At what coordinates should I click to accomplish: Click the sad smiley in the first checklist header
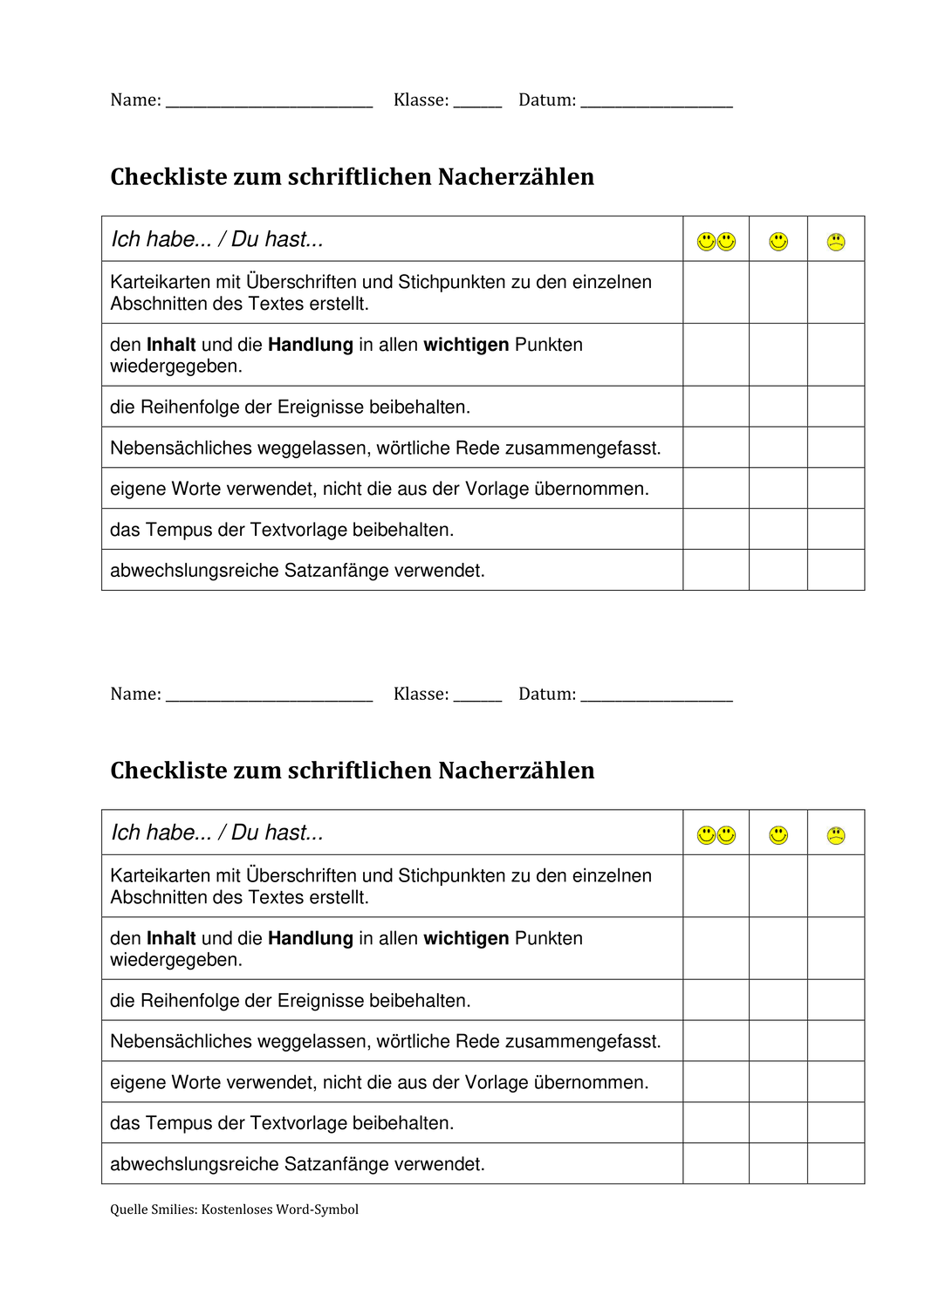tap(836, 242)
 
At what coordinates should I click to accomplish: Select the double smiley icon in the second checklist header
tap(716, 835)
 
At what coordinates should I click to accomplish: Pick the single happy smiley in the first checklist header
tap(778, 242)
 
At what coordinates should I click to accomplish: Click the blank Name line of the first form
tap(269, 103)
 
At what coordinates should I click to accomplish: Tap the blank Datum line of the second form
tap(656, 696)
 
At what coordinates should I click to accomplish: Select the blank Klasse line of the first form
tap(477, 103)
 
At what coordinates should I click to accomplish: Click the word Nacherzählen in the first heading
tap(516, 177)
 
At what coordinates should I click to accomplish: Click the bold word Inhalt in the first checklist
tap(171, 345)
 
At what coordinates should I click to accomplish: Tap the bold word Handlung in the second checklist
tap(311, 938)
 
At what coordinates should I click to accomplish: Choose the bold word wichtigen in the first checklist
tap(466, 345)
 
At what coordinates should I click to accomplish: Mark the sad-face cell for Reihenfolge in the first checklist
tap(836, 407)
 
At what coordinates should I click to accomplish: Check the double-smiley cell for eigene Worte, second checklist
tap(716, 1082)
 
